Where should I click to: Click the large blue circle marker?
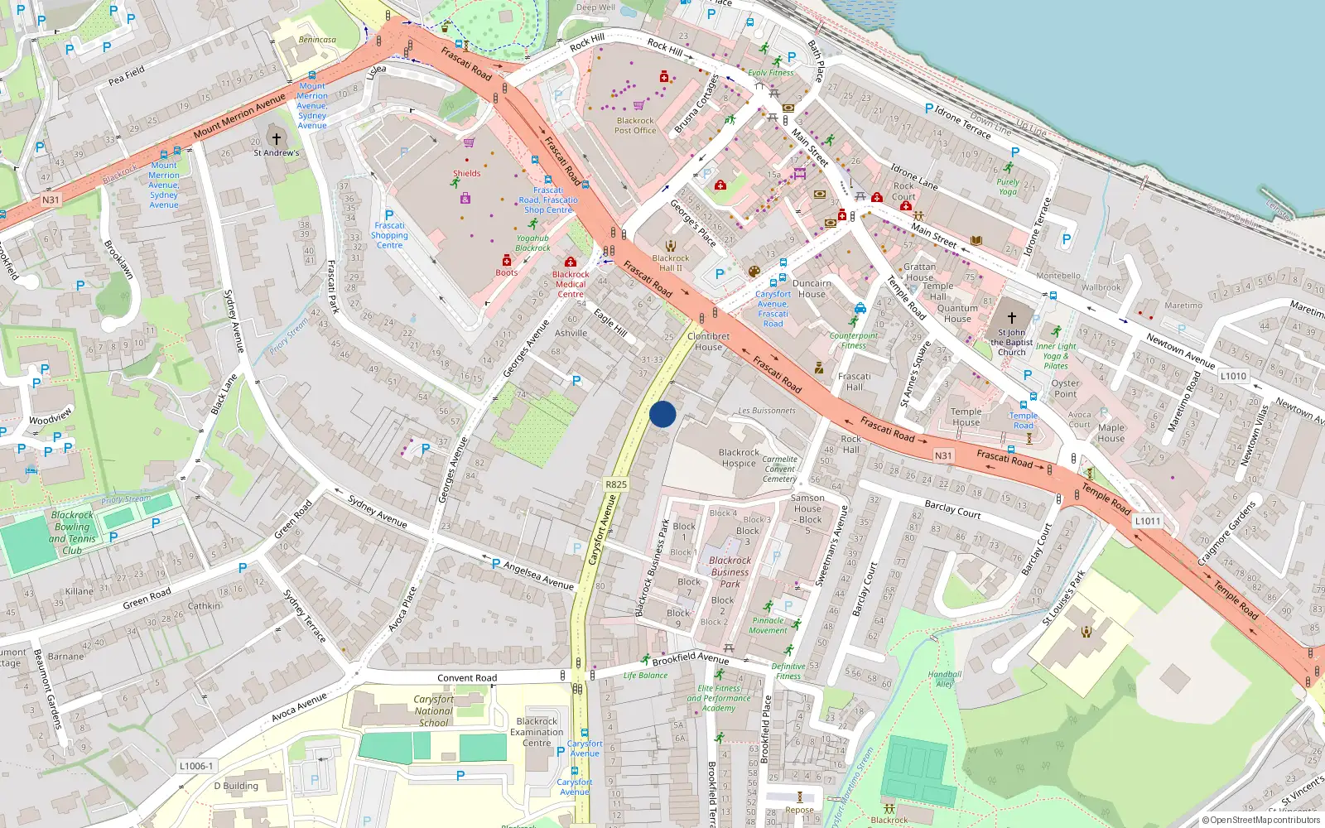pos(662,414)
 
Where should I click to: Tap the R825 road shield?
pos(616,484)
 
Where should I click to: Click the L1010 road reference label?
pos(1233,376)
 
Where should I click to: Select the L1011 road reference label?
pos(1148,521)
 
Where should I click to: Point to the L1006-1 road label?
pos(196,766)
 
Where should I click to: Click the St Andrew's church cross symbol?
pos(277,138)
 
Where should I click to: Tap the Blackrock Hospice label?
pos(739,458)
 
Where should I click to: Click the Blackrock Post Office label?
pos(635,125)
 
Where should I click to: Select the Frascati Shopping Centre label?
pos(389,235)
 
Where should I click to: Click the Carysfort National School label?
pos(433,710)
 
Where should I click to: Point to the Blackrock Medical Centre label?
pos(571,284)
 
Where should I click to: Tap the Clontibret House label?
pos(708,341)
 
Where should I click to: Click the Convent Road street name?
pos(467,677)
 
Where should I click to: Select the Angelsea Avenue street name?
pos(538,576)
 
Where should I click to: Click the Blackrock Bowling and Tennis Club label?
pos(73,532)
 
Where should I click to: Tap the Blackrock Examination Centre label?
pos(537,732)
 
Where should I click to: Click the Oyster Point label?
pos(1065,388)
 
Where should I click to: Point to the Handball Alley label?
pos(945,679)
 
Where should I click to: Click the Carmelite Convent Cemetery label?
pos(779,469)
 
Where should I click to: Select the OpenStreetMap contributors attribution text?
pos(1260,820)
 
